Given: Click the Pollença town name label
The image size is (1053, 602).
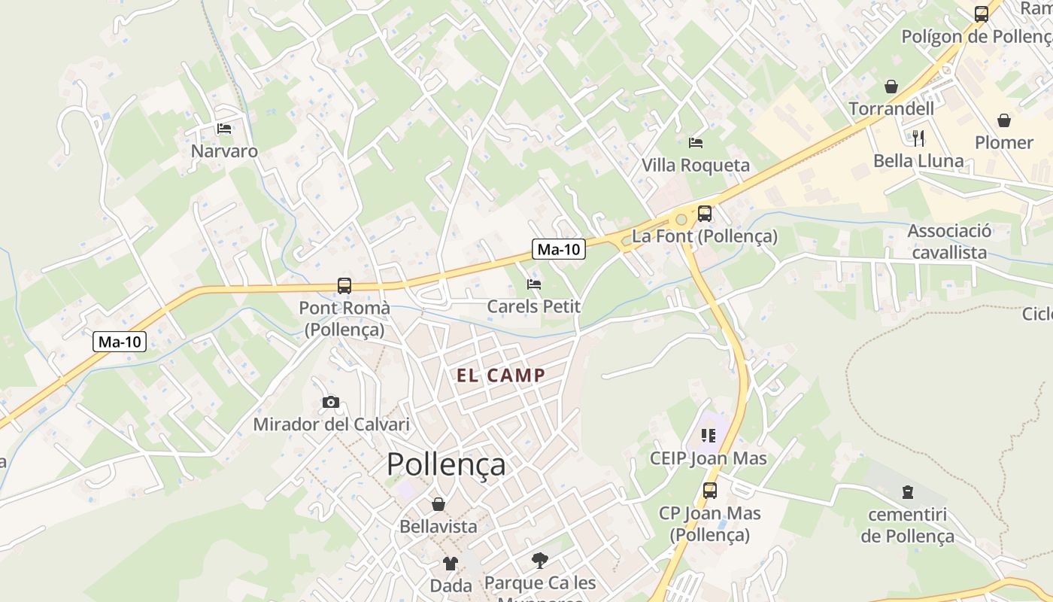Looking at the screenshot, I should [x=446, y=464].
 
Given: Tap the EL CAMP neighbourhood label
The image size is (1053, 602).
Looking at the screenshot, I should [x=501, y=375].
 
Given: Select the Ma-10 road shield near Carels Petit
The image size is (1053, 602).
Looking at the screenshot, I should [x=559, y=250].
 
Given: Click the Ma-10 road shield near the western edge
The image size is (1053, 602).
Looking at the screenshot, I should [x=120, y=342].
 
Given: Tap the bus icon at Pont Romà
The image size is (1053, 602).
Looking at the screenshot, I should [x=344, y=286].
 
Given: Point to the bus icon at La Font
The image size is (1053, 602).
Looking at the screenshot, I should [x=704, y=214].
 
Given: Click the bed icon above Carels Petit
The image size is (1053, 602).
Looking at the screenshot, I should [x=534, y=284].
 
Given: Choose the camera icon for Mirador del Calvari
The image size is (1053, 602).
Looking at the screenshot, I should [x=331, y=403].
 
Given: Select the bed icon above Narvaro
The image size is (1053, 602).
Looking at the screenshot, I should [x=224, y=129].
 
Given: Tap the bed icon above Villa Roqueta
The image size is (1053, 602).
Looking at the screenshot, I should [x=696, y=142].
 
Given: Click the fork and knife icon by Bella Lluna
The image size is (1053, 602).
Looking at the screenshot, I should [x=918, y=138].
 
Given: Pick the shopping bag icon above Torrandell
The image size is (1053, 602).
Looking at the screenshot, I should [x=891, y=87].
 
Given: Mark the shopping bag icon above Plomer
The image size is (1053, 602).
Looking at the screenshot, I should [x=1004, y=120].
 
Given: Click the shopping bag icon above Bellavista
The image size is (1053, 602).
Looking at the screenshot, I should [x=438, y=504].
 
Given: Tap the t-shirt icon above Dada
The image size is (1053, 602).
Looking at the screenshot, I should [x=451, y=563].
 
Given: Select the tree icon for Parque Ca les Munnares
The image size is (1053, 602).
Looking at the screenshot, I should [x=539, y=560].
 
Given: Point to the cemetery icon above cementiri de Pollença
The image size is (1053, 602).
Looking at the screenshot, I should [x=908, y=492].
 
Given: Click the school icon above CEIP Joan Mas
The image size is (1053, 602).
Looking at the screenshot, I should [x=708, y=436].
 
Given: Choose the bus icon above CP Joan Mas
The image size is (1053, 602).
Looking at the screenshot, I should [x=710, y=491].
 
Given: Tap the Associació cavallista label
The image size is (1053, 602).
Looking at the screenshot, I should [x=949, y=242].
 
